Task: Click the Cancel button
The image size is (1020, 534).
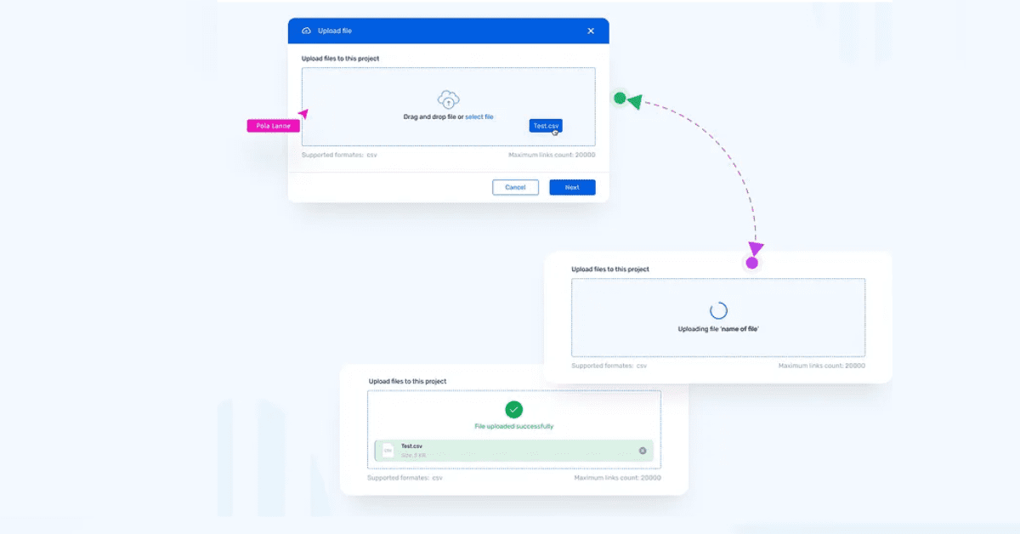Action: click(515, 187)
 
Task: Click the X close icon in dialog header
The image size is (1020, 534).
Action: click(591, 31)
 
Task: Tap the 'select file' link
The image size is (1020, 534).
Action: click(479, 116)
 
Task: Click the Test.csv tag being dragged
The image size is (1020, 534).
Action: click(546, 126)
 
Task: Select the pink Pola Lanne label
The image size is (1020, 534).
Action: click(273, 126)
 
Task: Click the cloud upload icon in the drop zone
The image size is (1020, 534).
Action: click(448, 99)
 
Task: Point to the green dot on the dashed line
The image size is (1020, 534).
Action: click(620, 99)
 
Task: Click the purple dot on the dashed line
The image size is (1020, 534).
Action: click(751, 263)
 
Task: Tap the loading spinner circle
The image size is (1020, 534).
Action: click(718, 310)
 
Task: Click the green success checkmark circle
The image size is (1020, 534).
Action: click(513, 410)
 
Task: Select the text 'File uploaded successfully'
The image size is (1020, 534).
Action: click(513, 426)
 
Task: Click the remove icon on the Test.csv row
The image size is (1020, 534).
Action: click(643, 451)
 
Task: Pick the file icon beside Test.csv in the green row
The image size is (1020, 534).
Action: click(388, 451)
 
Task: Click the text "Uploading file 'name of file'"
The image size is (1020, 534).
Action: click(718, 328)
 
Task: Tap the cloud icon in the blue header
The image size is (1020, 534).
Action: click(307, 31)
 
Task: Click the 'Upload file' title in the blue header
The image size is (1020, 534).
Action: click(334, 31)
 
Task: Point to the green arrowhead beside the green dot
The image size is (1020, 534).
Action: click(634, 101)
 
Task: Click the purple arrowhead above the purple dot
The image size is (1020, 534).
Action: click(755, 248)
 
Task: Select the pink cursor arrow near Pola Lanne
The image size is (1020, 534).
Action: click(303, 113)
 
